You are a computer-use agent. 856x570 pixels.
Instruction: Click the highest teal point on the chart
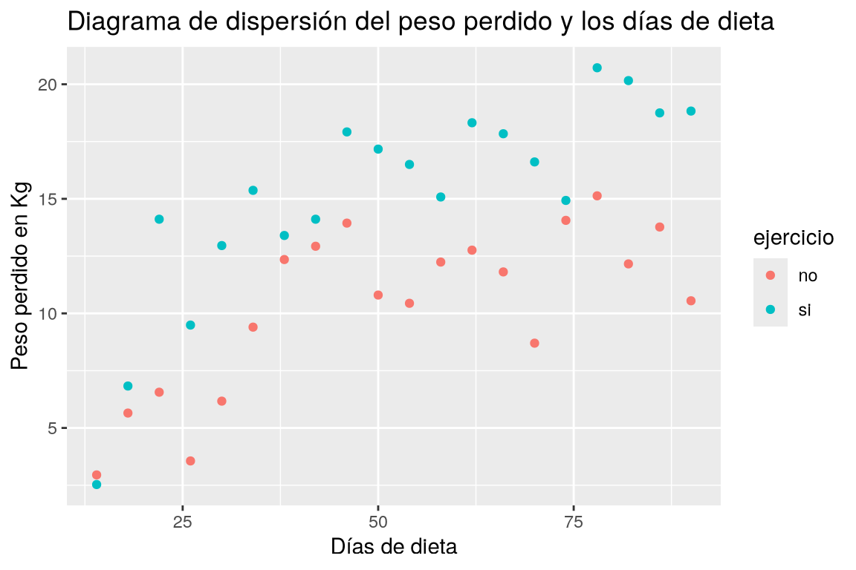tap(597, 68)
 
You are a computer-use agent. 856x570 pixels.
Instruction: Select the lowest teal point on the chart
tap(97, 485)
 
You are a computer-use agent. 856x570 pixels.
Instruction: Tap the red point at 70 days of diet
tap(534, 343)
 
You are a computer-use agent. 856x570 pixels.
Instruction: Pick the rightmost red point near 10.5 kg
tap(691, 301)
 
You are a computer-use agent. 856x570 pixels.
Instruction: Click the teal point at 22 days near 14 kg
tap(160, 219)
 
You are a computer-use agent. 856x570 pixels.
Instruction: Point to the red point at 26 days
tap(190, 461)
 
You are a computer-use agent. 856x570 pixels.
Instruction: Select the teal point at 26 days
tap(190, 325)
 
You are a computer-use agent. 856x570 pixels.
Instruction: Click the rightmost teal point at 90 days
tap(691, 111)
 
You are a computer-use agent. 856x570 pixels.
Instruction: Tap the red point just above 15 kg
tap(597, 196)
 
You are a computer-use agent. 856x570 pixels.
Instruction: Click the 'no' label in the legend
tap(808, 276)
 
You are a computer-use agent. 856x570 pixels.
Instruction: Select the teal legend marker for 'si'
tap(771, 309)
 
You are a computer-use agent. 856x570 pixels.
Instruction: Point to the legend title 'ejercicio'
tap(794, 237)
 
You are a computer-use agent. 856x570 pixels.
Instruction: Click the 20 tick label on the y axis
tap(49, 85)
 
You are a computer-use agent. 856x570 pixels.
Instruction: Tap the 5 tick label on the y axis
tap(53, 428)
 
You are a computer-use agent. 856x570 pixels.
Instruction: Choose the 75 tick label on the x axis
tap(574, 522)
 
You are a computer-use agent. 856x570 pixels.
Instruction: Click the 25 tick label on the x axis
tap(183, 522)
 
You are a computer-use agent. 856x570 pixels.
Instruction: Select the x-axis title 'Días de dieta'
tap(394, 546)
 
